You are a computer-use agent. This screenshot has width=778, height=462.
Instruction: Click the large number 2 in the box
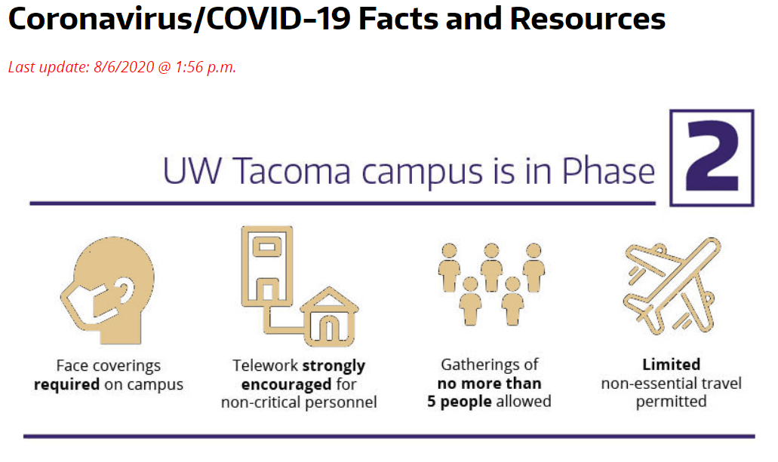[x=713, y=158]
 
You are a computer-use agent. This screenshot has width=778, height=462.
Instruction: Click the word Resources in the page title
[x=588, y=19]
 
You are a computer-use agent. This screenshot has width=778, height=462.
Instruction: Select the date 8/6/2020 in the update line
[x=124, y=67]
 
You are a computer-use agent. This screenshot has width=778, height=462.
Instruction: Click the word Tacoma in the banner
[x=292, y=172]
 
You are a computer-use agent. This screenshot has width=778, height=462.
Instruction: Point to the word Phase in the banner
[x=608, y=172]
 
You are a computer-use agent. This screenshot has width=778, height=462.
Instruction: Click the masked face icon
[x=108, y=290]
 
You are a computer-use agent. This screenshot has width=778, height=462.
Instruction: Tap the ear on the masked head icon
[x=125, y=290]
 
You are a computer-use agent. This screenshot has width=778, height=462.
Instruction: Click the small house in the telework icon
[x=330, y=317]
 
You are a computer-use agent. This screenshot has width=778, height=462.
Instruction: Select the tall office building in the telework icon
[x=267, y=266]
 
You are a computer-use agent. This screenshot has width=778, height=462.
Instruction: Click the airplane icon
[x=672, y=286]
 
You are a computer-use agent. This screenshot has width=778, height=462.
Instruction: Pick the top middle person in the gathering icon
[x=491, y=267]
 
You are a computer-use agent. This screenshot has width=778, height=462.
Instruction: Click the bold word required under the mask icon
[x=66, y=384]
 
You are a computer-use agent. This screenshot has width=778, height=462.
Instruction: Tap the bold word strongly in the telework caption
[x=334, y=366]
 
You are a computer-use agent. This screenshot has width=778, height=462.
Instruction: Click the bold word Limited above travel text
[x=672, y=364]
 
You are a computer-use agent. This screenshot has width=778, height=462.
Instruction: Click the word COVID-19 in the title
[x=278, y=19]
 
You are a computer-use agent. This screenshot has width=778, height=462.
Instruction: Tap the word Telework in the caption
[x=265, y=366]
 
